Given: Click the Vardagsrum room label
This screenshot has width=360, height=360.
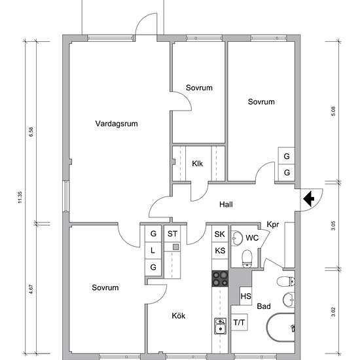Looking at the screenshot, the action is click(x=117, y=124).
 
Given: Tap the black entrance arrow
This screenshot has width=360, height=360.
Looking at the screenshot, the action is click(x=309, y=198).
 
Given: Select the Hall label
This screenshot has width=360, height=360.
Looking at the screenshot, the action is click(x=226, y=204).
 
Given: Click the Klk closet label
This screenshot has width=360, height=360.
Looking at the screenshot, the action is click(x=198, y=164).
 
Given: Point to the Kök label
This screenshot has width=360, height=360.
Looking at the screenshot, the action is click(x=179, y=315).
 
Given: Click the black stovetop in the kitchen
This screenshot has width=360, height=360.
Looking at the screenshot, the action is click(x=220, y=279).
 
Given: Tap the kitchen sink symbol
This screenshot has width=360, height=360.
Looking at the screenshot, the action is click(x=220, y=326).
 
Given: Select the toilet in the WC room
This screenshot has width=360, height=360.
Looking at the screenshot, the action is click(x=247, y=259).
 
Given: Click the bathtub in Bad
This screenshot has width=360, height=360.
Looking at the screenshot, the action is click(x=281, y=327).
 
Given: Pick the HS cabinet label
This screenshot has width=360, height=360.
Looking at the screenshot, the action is click(x=246, y=297).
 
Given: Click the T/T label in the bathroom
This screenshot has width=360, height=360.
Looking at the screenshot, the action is click(x=239, y=323).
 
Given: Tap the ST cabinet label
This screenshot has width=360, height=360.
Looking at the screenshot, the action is click(x=172, y=234).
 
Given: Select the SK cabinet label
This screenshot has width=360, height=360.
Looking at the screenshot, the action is click(x=220, y=234).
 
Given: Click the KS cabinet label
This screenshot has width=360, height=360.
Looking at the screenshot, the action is click(x=220, y=251).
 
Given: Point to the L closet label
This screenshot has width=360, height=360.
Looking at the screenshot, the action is click(x=153, y=251).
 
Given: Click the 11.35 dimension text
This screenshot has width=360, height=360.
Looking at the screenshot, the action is click(x=20, y=197).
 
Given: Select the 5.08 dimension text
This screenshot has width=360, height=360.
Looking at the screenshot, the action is click(x=333, y=111).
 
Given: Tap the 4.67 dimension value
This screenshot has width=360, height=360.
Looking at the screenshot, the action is click(x=31, y=289).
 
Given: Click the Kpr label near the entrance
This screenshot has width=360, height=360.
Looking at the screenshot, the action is click(x=273, y=225).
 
